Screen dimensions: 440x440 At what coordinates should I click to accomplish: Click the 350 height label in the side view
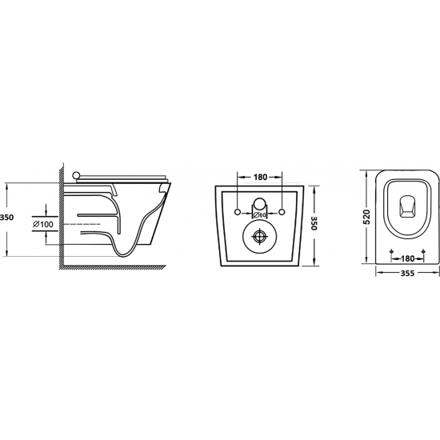point(6,217)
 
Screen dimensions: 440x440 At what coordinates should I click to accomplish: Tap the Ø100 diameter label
point(43,224)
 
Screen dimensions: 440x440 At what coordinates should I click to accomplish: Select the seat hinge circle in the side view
point(76,176)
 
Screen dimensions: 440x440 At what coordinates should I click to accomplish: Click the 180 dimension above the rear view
point(261,177)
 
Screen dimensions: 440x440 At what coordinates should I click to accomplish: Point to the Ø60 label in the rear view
point(259,215)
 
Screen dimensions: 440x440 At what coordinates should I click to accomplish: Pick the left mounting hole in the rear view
point(238,212)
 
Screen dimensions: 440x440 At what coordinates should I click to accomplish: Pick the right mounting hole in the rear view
point(282,212)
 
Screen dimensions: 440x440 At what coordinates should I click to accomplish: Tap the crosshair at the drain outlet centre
point(259,236)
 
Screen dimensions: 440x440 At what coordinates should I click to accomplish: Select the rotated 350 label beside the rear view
point(314,223)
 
